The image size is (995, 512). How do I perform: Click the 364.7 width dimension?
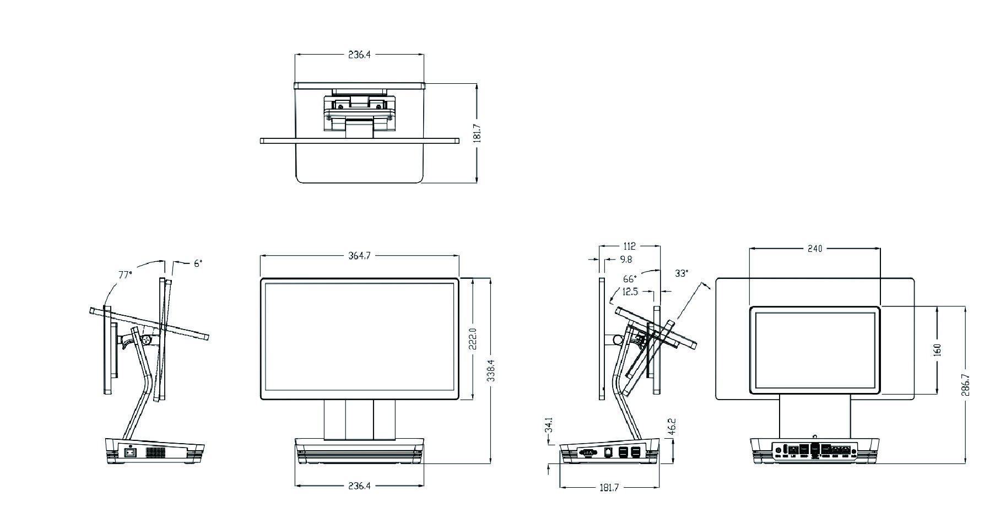tap(359, 256)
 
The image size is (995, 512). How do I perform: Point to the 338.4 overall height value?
tap(490, 370)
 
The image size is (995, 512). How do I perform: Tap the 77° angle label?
tap(125, 274)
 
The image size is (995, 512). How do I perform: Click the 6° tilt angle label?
tap(197, 263)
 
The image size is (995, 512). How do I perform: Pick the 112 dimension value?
tap(630, 246)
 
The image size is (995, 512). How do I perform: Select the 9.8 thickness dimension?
tap(626, 259)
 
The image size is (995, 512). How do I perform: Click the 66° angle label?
tap(630, 279)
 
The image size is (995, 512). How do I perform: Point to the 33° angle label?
tap(682, 273)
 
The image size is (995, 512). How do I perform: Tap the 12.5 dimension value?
tap(630, 292)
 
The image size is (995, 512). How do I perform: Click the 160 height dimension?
tap(938, 350)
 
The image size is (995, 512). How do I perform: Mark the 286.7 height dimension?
tap(965, 385)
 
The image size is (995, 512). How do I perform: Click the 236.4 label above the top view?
tap(359, 55)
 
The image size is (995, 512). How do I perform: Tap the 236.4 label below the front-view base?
tap(359, 486)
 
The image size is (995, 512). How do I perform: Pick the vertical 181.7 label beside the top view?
tap(477, 133)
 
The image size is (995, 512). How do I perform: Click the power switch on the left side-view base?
tap(131, 453)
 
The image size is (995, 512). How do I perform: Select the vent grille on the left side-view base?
tap(155, 453)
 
